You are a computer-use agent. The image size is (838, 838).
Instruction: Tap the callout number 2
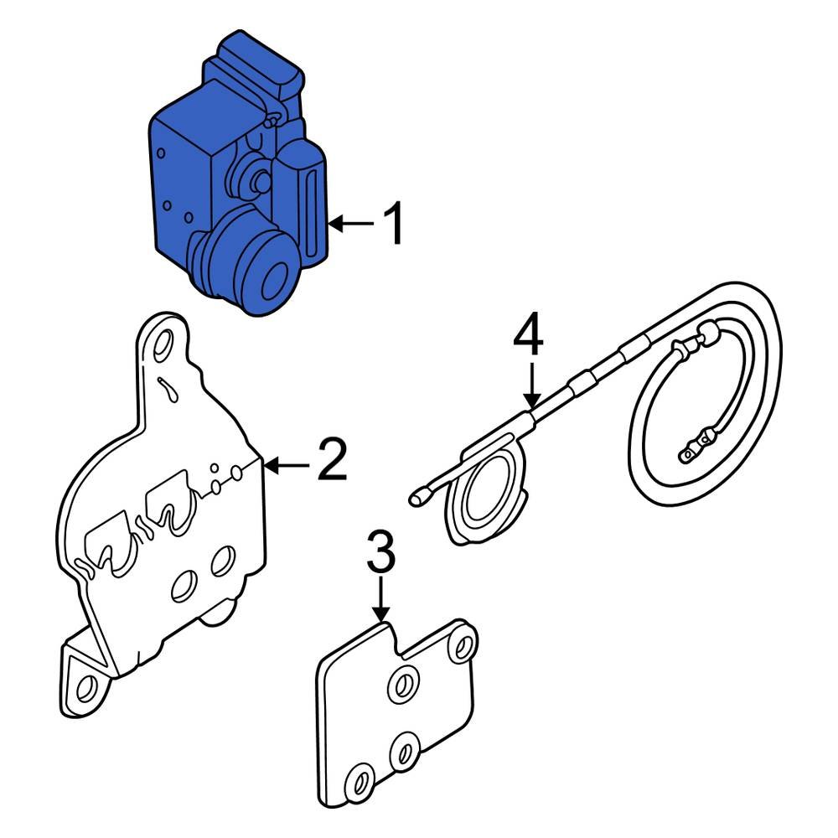(333, 462)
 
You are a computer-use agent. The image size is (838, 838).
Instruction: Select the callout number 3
(380, 552)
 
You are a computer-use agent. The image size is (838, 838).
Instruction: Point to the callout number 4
(529, 336)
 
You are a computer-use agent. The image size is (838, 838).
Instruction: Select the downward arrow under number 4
(530, 385)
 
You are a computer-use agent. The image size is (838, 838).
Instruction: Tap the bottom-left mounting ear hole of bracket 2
(84, 689)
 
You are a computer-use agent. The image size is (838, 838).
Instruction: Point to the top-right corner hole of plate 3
(461, 645)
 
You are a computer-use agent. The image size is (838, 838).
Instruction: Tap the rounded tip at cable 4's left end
(416, 499)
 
